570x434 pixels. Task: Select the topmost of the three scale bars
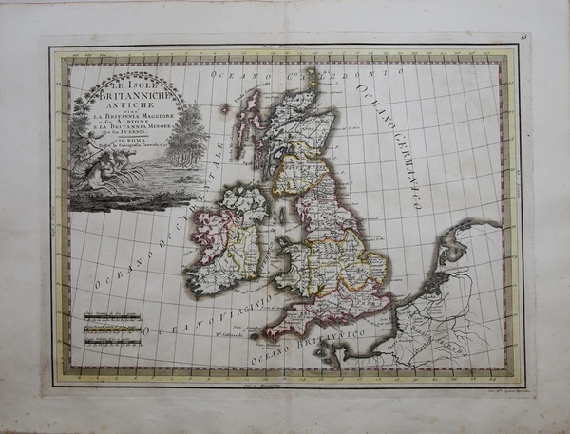tap(110, 316)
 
